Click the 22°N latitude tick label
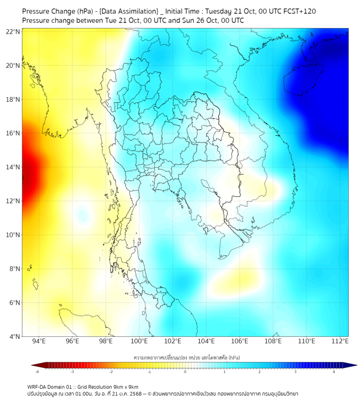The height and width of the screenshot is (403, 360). (13, 31)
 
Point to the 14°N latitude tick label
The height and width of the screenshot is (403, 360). (13, 167)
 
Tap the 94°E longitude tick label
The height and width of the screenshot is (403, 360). (39, 341)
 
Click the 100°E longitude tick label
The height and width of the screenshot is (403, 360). (140, 341)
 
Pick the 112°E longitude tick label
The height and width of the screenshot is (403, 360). (340, 341)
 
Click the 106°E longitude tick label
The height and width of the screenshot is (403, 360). (240, 341)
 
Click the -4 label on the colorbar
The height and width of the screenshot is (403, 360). (37, 371)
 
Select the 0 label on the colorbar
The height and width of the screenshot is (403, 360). (185, 371)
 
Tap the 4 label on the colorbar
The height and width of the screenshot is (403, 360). (334, 371)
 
